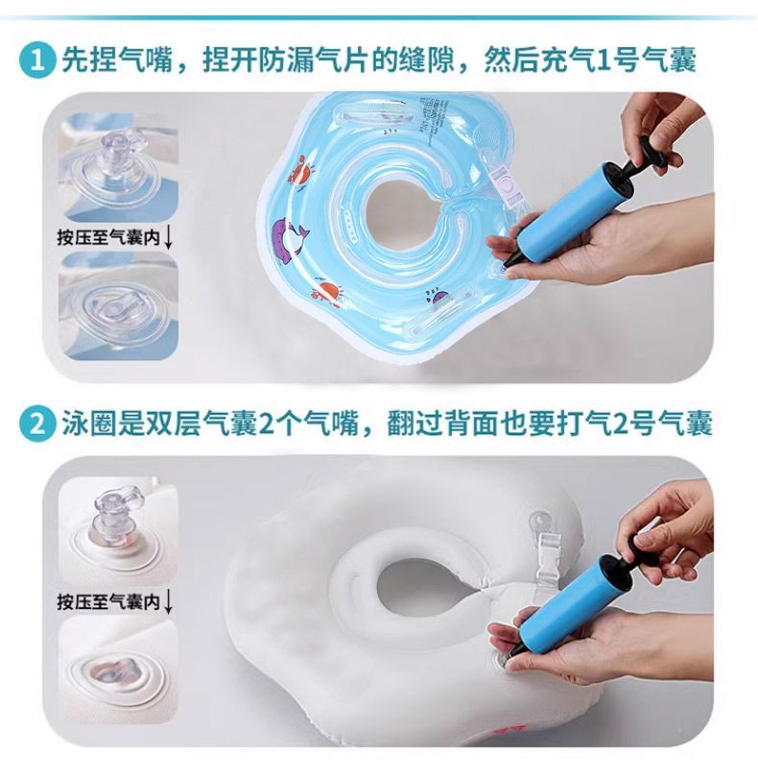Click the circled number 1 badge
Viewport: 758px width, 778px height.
click(x=36, y=61)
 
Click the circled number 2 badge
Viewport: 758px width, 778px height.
click(x=36, y=425)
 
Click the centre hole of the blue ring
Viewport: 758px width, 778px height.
click(x=402, y=212)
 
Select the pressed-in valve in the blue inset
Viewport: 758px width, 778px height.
click(x=117, y=309)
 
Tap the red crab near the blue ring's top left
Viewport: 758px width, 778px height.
click(x=299, y=169)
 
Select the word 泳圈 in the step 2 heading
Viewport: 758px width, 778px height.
click(x=89, y=425)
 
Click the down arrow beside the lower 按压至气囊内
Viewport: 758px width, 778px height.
click(x=169, y=603)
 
